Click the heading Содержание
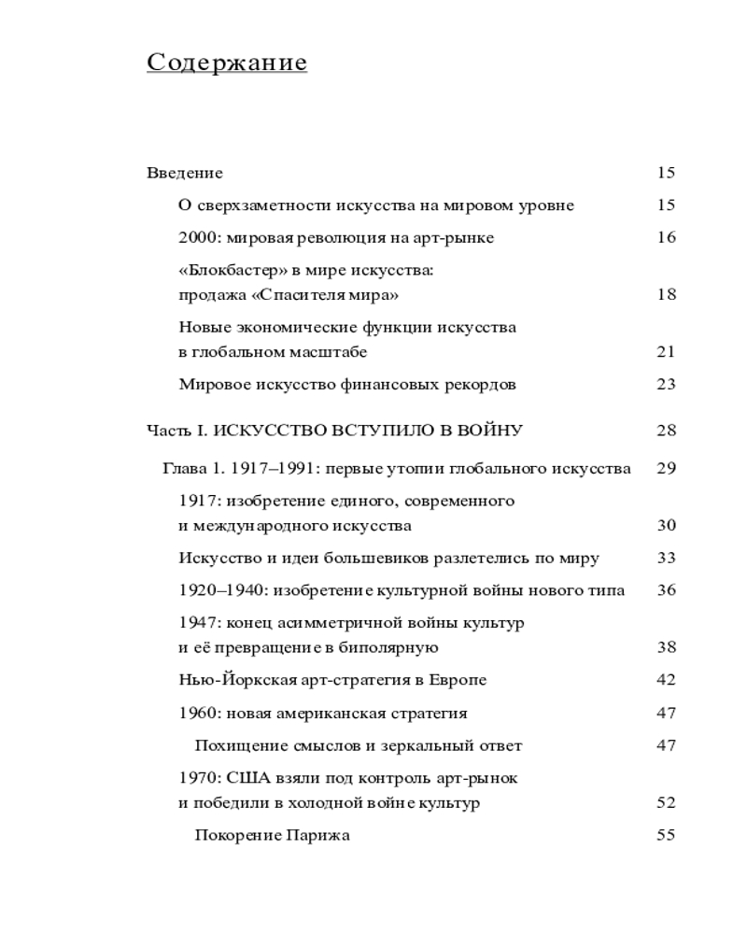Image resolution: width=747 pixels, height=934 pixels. click(x=227, y=63)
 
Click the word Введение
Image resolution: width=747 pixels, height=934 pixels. click(x=185, y=173)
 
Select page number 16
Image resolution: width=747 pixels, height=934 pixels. click(x=666, y=237)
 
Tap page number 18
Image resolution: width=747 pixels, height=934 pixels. click(x=666, y=295)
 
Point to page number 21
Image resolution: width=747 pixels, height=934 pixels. click(x=666, y=352)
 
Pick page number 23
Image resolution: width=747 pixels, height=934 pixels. click(x=666, y=384)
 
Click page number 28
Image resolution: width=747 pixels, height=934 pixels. click(x=666, y=431)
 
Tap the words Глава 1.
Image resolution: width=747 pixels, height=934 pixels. click(x=194, y=469)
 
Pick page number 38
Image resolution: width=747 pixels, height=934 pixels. click(x=666, y=647)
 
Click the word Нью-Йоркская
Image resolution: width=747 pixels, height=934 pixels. click(x=229, y=680)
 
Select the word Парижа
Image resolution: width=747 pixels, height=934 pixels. click(x=321, y=835)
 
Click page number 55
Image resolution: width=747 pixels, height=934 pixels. click(x=666, y=835)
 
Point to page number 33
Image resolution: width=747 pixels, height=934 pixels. click(x=666, y=559)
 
